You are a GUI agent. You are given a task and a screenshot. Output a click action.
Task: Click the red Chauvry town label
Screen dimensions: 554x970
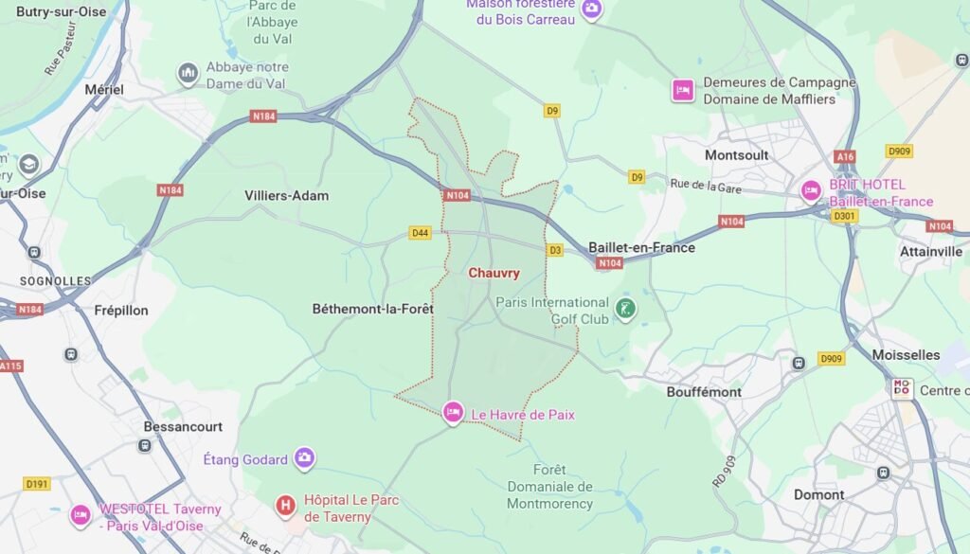[494, 273]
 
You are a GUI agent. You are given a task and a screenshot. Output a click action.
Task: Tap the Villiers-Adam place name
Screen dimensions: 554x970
[286, 196]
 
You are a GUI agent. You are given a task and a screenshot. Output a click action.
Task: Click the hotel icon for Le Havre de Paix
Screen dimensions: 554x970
[453, 412]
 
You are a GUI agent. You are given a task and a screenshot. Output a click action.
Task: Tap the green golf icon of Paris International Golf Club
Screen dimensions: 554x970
[625, 308]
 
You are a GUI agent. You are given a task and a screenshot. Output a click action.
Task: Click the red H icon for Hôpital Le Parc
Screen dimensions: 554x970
[285, 506]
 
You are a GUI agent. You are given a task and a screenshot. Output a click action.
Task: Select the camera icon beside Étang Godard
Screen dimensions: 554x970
[304, 458]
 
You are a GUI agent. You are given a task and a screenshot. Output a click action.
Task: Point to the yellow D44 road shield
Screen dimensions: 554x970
[420, 233]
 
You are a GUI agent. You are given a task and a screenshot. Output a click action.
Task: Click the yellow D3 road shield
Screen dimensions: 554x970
[555, 250]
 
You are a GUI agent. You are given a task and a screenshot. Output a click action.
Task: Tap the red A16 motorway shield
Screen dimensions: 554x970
[845, 156]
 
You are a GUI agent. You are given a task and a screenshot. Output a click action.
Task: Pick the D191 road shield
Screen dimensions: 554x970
[37, 484]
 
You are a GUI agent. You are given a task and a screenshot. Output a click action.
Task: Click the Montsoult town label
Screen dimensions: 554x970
[736, 154]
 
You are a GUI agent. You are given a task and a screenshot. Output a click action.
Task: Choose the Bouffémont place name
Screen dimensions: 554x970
[702, 391]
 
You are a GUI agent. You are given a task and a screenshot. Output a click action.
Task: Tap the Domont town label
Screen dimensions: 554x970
[818, 494]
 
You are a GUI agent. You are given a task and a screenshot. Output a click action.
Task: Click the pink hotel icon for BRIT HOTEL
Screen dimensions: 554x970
[811, 190]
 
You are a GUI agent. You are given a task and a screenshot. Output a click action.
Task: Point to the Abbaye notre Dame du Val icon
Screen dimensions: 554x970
[188, 73]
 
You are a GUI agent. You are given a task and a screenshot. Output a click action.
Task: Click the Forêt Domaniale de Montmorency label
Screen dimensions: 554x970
[549, 487]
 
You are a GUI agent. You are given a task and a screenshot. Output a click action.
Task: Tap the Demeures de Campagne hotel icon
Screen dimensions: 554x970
[682, 90]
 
